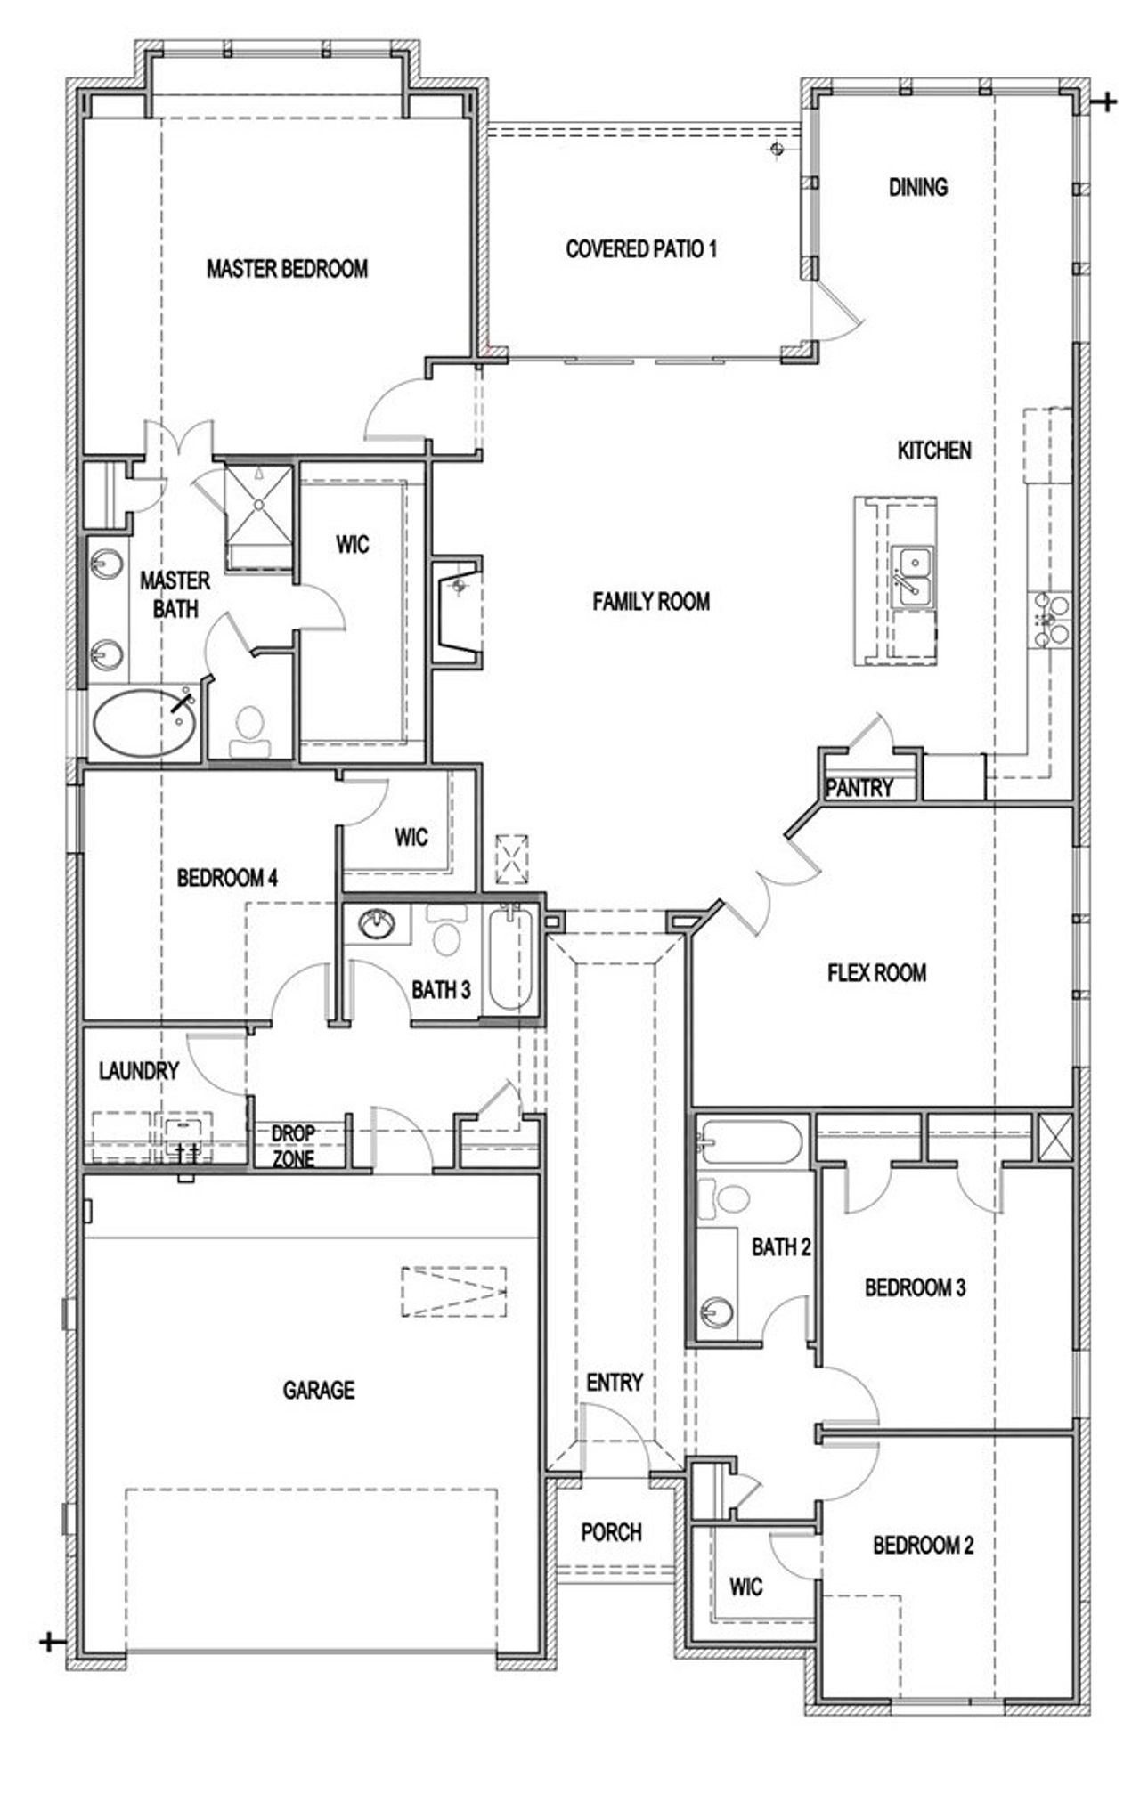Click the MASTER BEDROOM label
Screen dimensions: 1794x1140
287,269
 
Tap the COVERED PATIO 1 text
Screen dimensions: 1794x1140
640,248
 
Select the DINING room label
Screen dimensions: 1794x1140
917,187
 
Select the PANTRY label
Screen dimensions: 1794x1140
859,788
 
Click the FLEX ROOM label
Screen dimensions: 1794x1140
876,973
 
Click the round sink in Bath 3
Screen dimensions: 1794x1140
378,924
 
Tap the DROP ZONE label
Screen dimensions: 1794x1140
293,1146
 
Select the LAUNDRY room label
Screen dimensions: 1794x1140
139,1070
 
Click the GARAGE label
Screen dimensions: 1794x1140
318,1390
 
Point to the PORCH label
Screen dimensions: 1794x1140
611,1532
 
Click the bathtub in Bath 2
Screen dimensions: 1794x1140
750,1141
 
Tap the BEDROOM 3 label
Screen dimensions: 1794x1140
915,1287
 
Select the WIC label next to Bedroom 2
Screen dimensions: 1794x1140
745,1587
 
